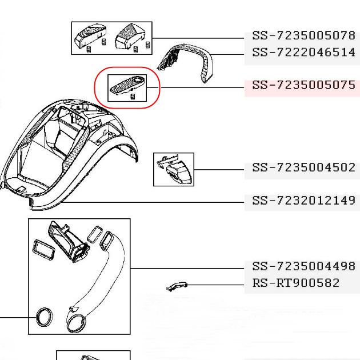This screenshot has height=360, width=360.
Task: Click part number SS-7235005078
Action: click(x=303, y=35)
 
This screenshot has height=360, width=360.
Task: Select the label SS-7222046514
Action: click(x=303, y=53)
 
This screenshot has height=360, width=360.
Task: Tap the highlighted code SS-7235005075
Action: click(x=303, y=85)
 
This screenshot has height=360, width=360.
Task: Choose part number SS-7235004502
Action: click(x=303, y=167)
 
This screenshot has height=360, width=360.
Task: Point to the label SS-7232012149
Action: click(x=303, y=201)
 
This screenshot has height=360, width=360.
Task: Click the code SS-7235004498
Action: click(x=303, y=266)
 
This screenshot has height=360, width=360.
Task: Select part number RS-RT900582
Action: click(x=296, y=283)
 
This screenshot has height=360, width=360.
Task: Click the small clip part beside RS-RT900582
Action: click(x=177, y=286)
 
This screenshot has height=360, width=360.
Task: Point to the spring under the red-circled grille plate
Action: click(x=133, y=97)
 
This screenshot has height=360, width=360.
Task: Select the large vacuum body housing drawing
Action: click(x=69, y=154)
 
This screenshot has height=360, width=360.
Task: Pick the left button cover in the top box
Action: click(x=90, y=36)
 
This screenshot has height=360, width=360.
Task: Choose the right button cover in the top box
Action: click(x=130, y=36)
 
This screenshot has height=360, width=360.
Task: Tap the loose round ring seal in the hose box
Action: click(x=44, y=317)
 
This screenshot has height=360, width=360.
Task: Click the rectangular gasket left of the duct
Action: click(x=44, y=251)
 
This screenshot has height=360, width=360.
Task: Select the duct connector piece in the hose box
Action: click(x=69, y=242)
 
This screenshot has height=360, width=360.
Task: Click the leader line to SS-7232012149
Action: click(x=152, y=202)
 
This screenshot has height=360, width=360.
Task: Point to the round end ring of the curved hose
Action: click(x=76, y=324)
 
